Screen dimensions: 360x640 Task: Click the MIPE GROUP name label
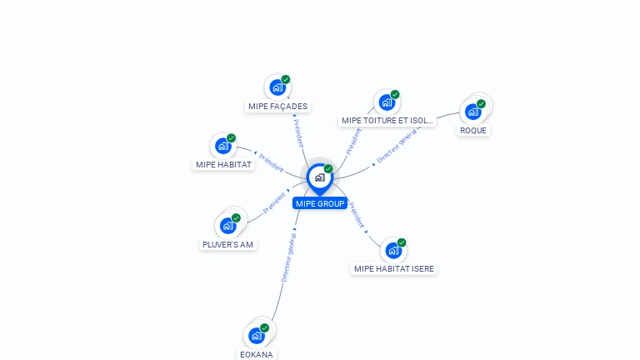[320, 203]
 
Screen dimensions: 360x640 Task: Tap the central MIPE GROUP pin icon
[319, 177]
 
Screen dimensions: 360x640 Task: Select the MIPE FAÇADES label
[277, 106]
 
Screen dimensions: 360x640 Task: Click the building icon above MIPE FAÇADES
[277, 87]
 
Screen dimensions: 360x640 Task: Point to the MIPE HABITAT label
[223, 164]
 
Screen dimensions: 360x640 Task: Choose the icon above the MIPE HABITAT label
[222, 146]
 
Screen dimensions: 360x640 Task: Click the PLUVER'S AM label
[227, 244]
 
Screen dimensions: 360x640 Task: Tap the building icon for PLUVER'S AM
[227, 225]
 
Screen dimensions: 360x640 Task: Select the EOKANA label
[256, 354]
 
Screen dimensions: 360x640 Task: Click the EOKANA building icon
[256, 335]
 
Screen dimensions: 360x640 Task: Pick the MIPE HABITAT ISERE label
[394, 268]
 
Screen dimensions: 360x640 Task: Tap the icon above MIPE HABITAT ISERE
[393, 250]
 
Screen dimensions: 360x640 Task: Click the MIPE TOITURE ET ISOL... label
[387, 120]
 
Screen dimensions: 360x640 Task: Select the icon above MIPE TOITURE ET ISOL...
[387, 102]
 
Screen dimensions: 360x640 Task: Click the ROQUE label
[473, 130]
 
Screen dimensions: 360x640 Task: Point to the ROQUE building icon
[472, 111]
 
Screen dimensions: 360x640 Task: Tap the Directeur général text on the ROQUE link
[397, 147]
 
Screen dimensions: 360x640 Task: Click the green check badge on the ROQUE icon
[481, 104]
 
